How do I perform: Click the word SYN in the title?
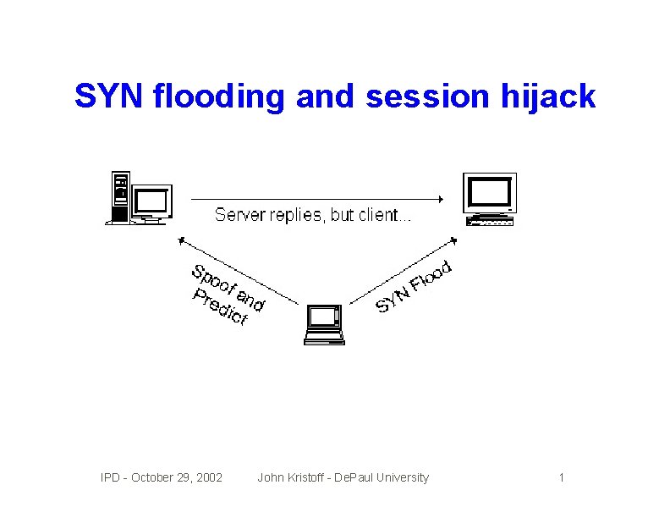click(x=110, y=96)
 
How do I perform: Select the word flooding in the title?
click(x=221, y=96)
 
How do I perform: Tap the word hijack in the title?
click(x=554, y=96)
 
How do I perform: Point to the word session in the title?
click(x=427, y=96)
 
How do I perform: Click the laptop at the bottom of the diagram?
click(x=324, y=324)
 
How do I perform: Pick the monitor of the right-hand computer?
click(x=490, y=193)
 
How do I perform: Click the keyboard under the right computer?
click(x=490, y=222)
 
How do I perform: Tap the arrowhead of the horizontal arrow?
click(x=439, y=200)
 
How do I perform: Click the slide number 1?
click(x=561, y=478)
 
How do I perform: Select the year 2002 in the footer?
click(x=208, y=478)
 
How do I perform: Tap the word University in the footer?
click(x=401, y=478)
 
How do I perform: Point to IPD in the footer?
click(x=110, y=478)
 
